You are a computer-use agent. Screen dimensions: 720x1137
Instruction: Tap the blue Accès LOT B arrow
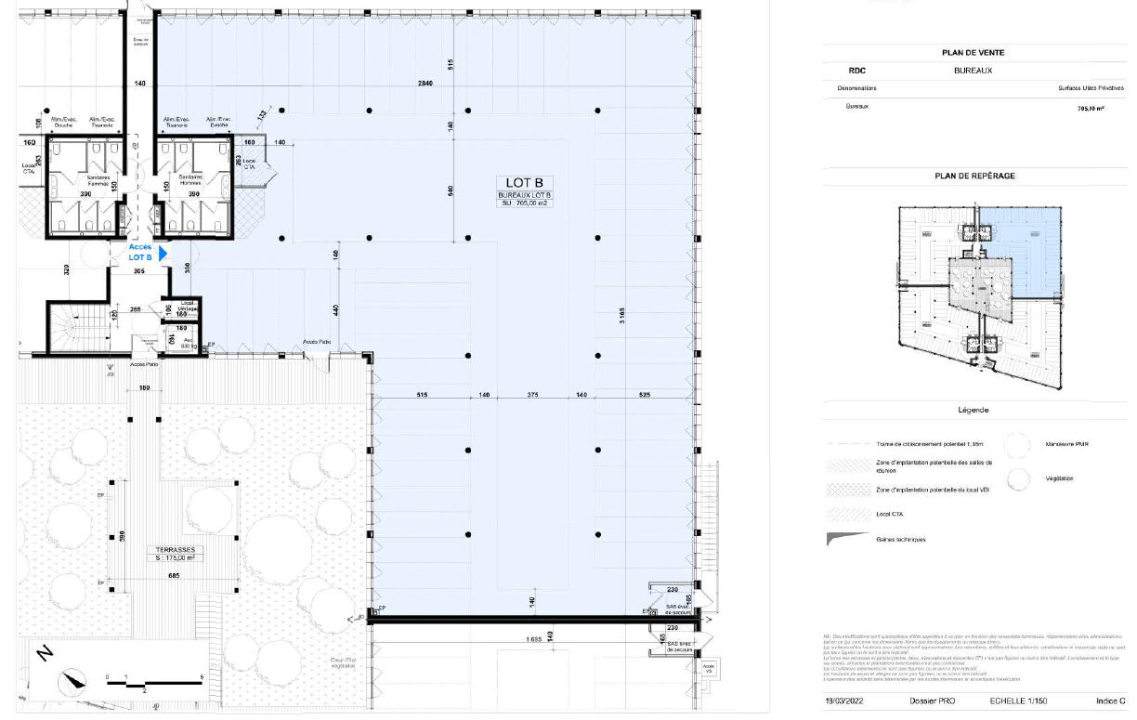pyautogui.click(x=163, y=253)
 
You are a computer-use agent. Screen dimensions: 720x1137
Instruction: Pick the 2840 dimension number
pyautogui.click(x=425, y=84)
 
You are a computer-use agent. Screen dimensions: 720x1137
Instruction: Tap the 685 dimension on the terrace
pyautogui.click(x=175, y=576)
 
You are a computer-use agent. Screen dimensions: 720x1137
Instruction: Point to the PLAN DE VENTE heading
pyautogui.click(x=973, y=53)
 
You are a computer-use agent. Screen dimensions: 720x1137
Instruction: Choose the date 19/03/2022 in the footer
pyautogui.click(x=844, y=701)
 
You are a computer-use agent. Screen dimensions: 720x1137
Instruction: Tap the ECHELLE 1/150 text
pyautogui.click(x=1018, y=701)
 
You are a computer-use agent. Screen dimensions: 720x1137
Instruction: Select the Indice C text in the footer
pyautogui.click(x=1110, y=701)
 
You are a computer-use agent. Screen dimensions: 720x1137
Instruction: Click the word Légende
pyautogui.click(x=973, y=410)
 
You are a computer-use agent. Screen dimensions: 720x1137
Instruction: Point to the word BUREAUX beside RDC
pyautogui.click(x=973, y=70)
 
